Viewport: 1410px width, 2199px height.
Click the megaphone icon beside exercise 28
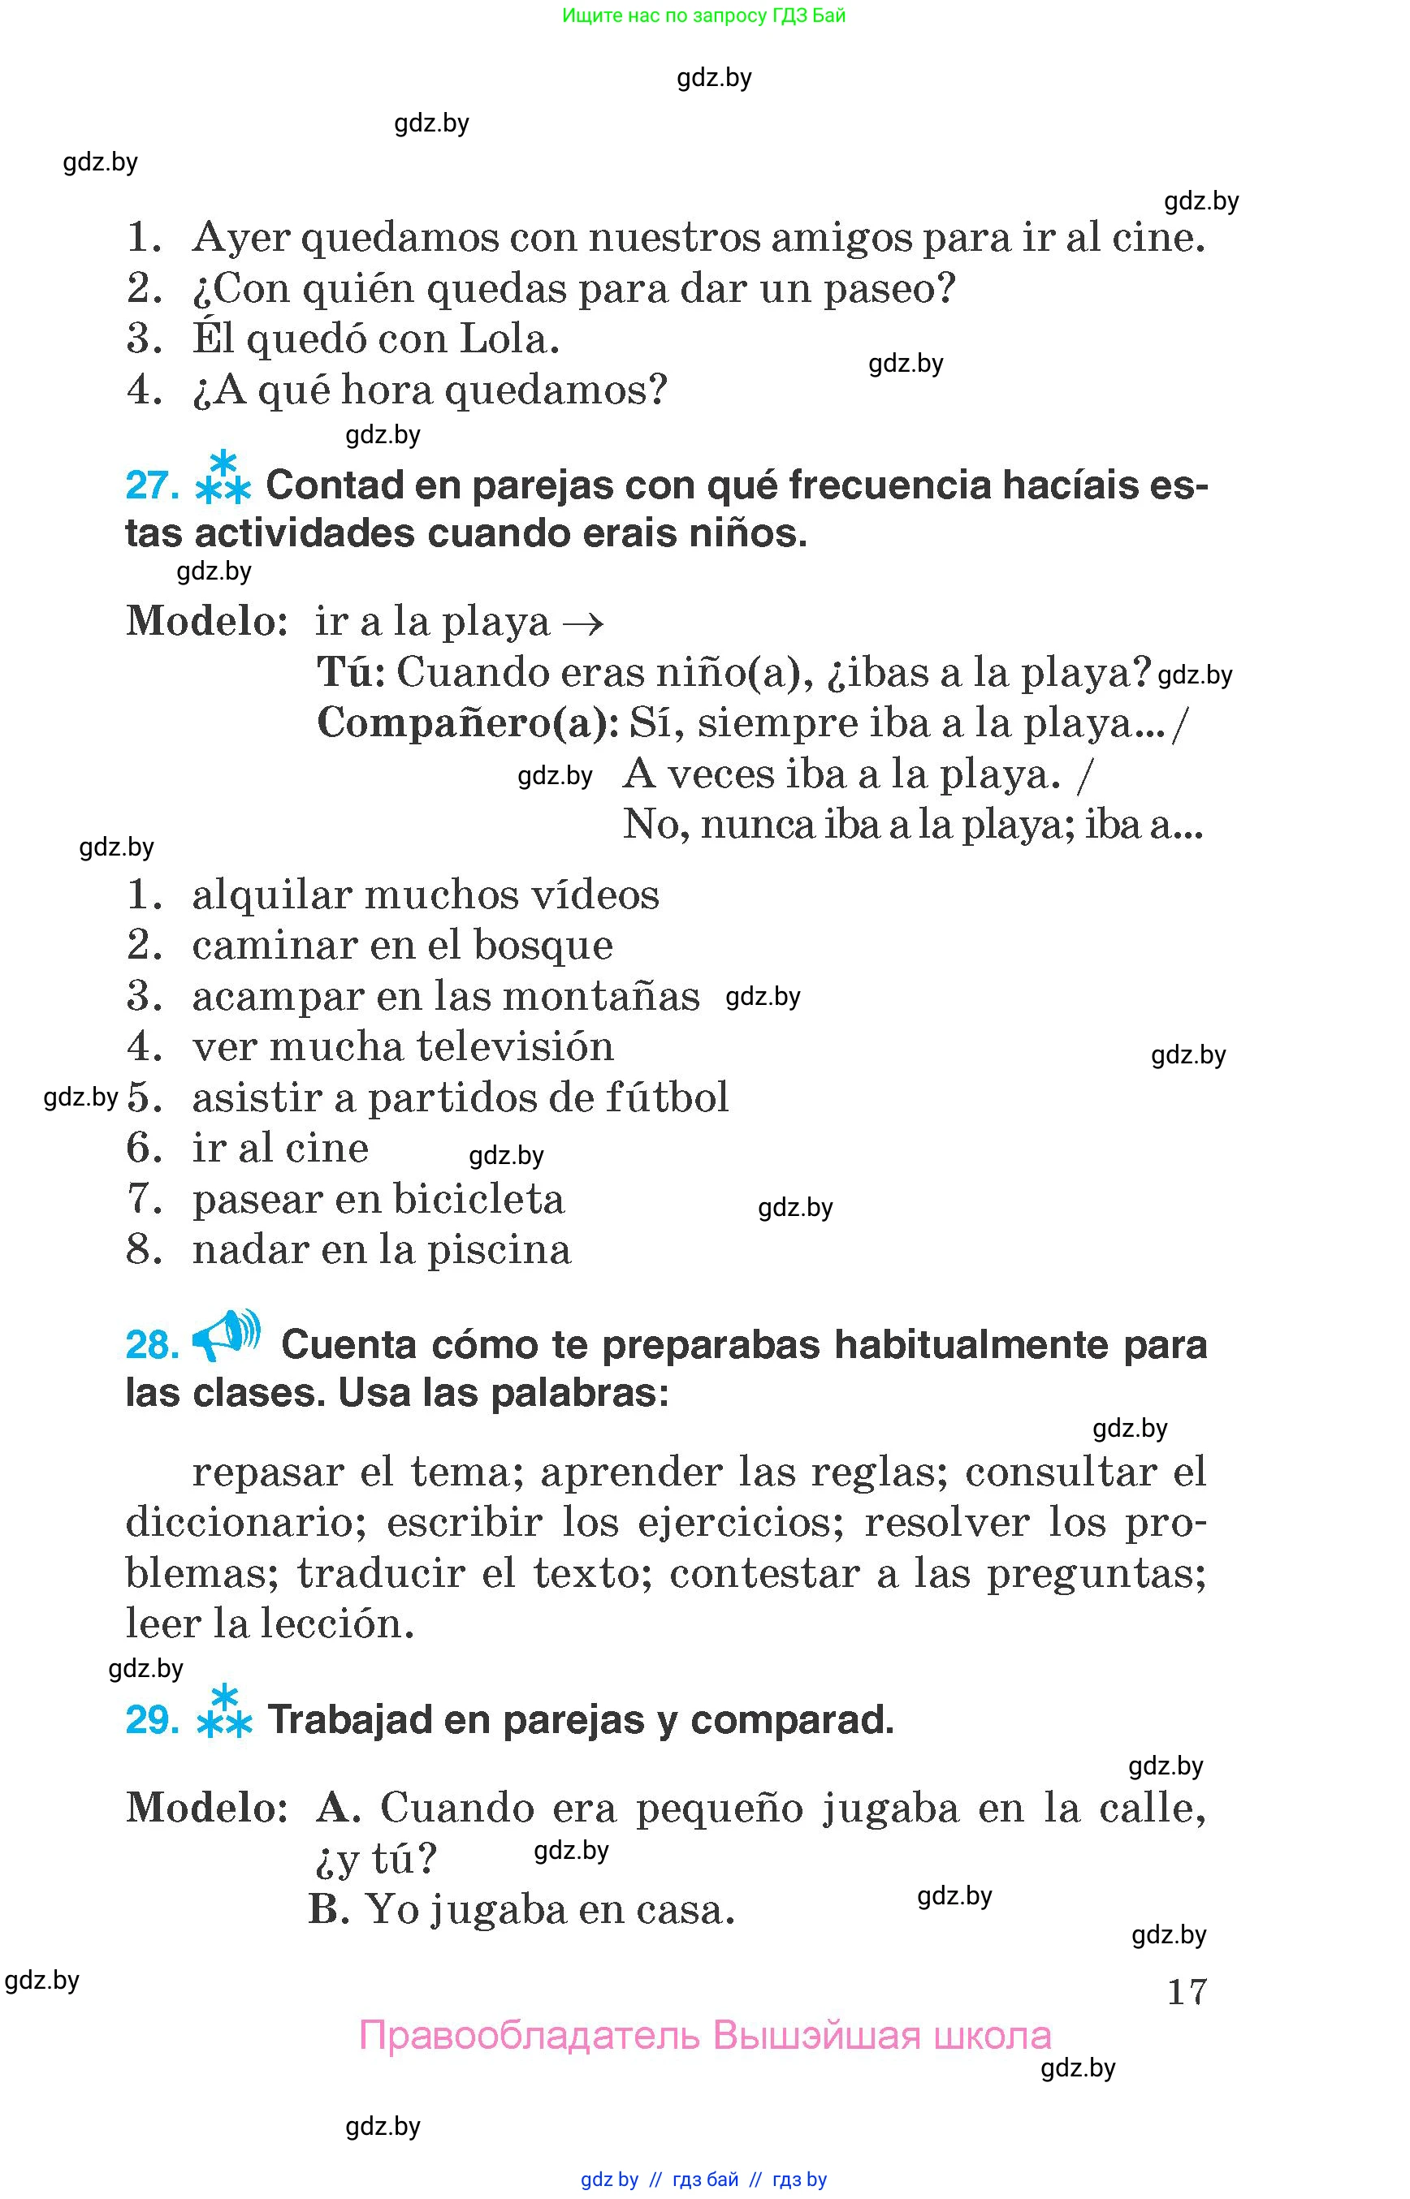pyautogui.click(x=225, y=1335)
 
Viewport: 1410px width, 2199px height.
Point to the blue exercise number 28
pyautogui.click(x=152, y=1345)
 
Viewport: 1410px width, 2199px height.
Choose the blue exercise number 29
pyautogui.click(x=152, y=1720)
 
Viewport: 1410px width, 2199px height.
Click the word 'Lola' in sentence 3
pyautogui.click(x=508, y=339)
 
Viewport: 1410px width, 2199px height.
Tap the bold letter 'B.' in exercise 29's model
pyautogui.click(x=329, y=1910)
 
